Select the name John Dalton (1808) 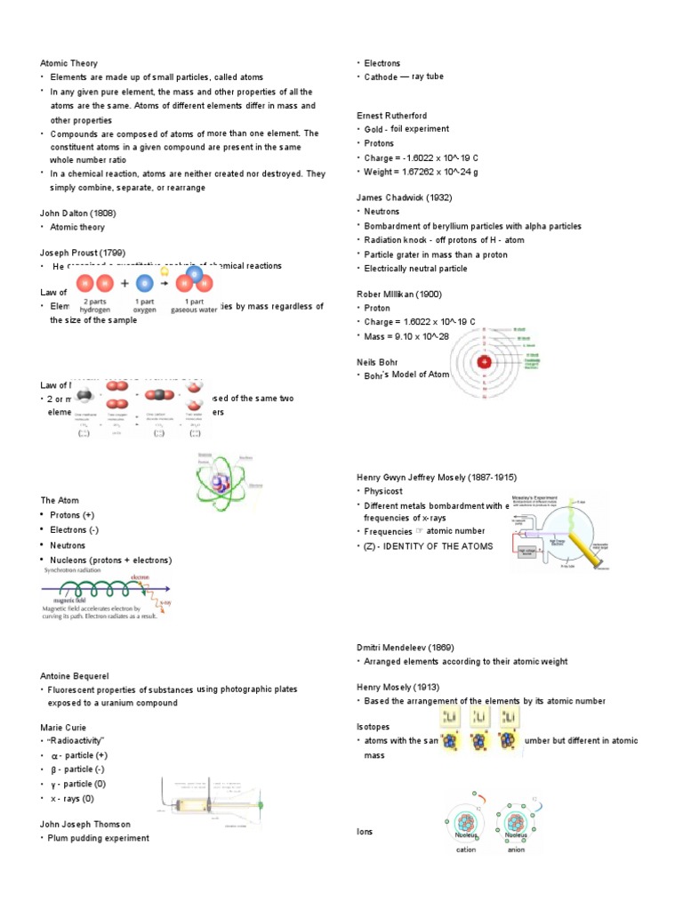point(78,214)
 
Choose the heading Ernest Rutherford point(392,116)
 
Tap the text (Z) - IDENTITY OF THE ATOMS point(423,546)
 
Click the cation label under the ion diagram point(467,849)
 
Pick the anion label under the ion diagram point(516,849)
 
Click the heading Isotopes point(373,727)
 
